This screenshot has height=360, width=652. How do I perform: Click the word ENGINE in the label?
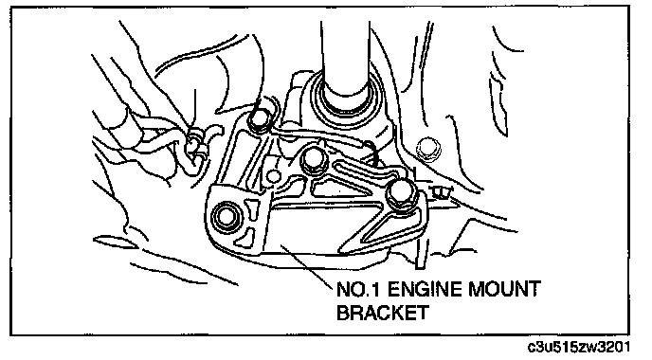pyautogui.click(x=424, y=289)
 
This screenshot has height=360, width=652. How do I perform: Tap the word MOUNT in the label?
pyautogui.click(x=504, y=289)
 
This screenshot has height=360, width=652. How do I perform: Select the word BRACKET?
pyautogui.click(x=382, y=313)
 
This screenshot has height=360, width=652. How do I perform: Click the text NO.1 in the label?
pyautogui.click(x=358, y=289)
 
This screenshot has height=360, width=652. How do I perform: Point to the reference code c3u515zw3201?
pyautogui.click(x=579, y=347)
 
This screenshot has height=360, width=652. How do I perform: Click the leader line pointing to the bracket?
pyautogui.click(x=308, y=266)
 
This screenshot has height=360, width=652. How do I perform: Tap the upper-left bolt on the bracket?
pyautogui.click(x=261, y=119)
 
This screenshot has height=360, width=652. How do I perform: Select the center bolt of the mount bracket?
pyautogui.click(x=314, y=159)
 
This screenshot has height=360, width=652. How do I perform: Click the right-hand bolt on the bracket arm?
pyautogui.click(x=401, y=193)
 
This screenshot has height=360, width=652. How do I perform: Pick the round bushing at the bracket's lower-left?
pyautogui.click(x=226, y=216)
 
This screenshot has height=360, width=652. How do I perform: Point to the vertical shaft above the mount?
pyautogui.click(x=346, y=58)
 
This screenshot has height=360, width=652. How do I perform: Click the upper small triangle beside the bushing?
pyautogui.click(x=252, y=206)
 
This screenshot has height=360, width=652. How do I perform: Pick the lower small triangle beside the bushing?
pyautogui.click(x=248, y=234)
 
